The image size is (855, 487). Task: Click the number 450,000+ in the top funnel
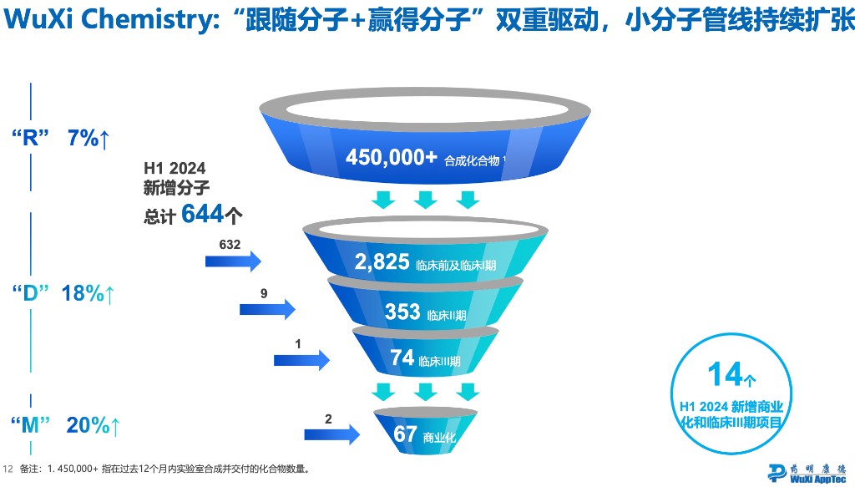point(391,156)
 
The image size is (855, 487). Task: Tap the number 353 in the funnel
point(402,312)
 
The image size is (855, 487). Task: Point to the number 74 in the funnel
point(402,358)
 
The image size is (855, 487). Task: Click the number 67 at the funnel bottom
point(405,434)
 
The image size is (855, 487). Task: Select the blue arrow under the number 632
point(233,261)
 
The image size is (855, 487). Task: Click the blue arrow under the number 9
point(267,309)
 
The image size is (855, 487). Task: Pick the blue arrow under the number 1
point(301,359)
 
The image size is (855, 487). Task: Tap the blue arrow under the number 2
point(331,432)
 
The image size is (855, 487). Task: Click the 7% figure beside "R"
point(83,139)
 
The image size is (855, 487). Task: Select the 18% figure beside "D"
point(83,293)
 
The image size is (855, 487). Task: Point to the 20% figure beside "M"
point(88,425)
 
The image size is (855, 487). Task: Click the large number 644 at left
point(203,214)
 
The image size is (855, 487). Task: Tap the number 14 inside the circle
point(726,374)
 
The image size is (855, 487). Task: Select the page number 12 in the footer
point(9,469)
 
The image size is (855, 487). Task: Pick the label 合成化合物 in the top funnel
point(473,158)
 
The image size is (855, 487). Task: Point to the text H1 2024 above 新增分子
point(175,169)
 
